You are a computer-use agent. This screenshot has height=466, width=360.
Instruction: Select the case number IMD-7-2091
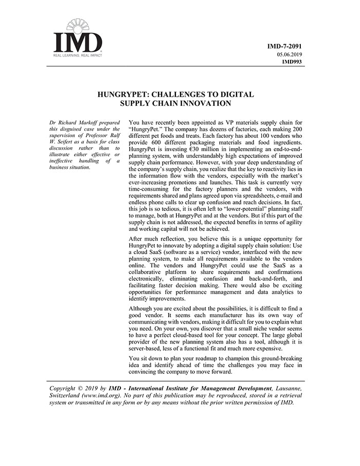coord(284,46)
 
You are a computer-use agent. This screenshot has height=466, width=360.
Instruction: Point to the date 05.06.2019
coord(289,54)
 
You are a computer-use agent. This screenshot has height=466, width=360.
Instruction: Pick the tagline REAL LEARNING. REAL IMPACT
coord(78,55)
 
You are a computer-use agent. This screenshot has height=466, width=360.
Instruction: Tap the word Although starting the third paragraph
coord(143,308)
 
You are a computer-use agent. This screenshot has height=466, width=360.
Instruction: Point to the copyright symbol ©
coord(86,388)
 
